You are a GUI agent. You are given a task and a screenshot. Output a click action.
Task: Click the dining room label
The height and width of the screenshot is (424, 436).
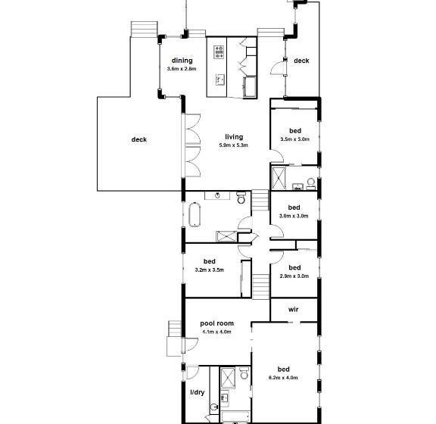182,61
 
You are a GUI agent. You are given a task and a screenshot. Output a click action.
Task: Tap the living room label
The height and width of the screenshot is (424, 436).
234,136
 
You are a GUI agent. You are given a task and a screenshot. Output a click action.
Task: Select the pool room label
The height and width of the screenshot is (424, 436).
216,323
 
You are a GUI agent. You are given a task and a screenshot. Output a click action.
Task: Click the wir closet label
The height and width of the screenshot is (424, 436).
294,310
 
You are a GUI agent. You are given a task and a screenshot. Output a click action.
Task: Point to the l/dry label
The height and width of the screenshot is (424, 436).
197,392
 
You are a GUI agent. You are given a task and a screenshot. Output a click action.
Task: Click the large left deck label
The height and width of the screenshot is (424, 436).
139,139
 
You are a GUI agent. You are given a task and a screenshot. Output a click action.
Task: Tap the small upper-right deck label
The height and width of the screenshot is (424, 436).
301,61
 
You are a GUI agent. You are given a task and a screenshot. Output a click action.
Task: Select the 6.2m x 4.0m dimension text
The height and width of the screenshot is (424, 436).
283,378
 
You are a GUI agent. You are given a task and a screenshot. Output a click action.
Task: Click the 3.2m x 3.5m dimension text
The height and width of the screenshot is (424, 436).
209,270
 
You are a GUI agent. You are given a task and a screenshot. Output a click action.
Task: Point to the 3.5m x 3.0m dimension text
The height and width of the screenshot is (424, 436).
294,139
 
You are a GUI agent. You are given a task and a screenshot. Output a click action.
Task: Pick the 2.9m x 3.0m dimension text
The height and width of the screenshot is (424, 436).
294,276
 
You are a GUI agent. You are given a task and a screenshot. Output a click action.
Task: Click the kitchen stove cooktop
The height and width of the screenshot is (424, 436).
219,52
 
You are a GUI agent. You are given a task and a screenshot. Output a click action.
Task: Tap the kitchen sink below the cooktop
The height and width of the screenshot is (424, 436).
220,79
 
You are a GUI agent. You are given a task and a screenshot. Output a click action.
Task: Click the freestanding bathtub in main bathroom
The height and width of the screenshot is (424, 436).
195,214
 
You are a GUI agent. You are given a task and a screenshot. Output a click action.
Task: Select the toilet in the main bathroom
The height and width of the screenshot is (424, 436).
241,198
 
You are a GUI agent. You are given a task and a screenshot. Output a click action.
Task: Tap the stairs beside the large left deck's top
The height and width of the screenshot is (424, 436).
145,29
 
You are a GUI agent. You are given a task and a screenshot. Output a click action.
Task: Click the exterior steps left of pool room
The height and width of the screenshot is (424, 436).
175,329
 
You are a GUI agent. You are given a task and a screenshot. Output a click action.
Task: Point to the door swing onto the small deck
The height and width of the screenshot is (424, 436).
278,68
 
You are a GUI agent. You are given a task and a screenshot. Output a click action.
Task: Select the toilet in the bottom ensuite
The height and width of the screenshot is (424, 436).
244,373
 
